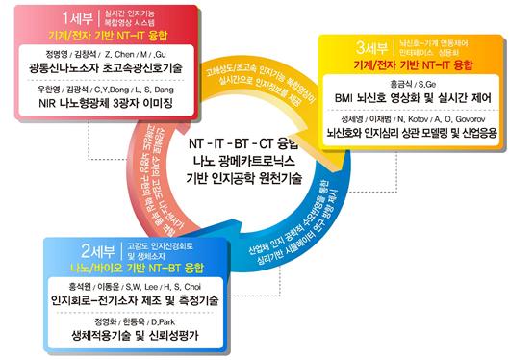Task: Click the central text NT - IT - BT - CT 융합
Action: (x=252, y=143)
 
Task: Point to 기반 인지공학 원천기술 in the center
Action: (x=252, y=178)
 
